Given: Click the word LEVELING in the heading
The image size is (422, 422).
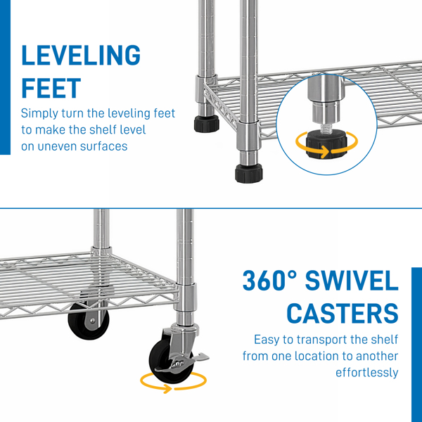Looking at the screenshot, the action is pos(81,55).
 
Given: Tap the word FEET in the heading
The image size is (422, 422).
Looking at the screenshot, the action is pos(51,88).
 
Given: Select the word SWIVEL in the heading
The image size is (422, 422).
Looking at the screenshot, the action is pos(352,280).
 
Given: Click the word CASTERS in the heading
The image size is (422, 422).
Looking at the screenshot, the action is pos(343,313).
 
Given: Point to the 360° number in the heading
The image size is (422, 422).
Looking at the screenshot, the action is pos(270,280).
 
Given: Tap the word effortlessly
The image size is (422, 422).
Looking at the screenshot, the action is pos(367,373).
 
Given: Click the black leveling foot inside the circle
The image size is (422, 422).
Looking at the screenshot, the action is pos(326,144).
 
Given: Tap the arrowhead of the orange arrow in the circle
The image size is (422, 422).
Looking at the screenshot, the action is pos(325,152).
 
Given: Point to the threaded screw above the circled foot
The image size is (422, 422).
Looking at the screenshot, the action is pos(326,127).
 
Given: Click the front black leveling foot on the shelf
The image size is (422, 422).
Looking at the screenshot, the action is pos(249,174).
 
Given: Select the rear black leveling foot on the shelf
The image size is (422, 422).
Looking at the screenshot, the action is pos(206,124).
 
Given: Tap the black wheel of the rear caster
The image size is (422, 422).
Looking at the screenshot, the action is pos(89,321).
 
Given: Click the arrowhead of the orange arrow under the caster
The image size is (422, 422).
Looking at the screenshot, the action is pos(167,389).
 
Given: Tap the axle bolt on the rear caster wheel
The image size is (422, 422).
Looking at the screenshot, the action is pos(93,321).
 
